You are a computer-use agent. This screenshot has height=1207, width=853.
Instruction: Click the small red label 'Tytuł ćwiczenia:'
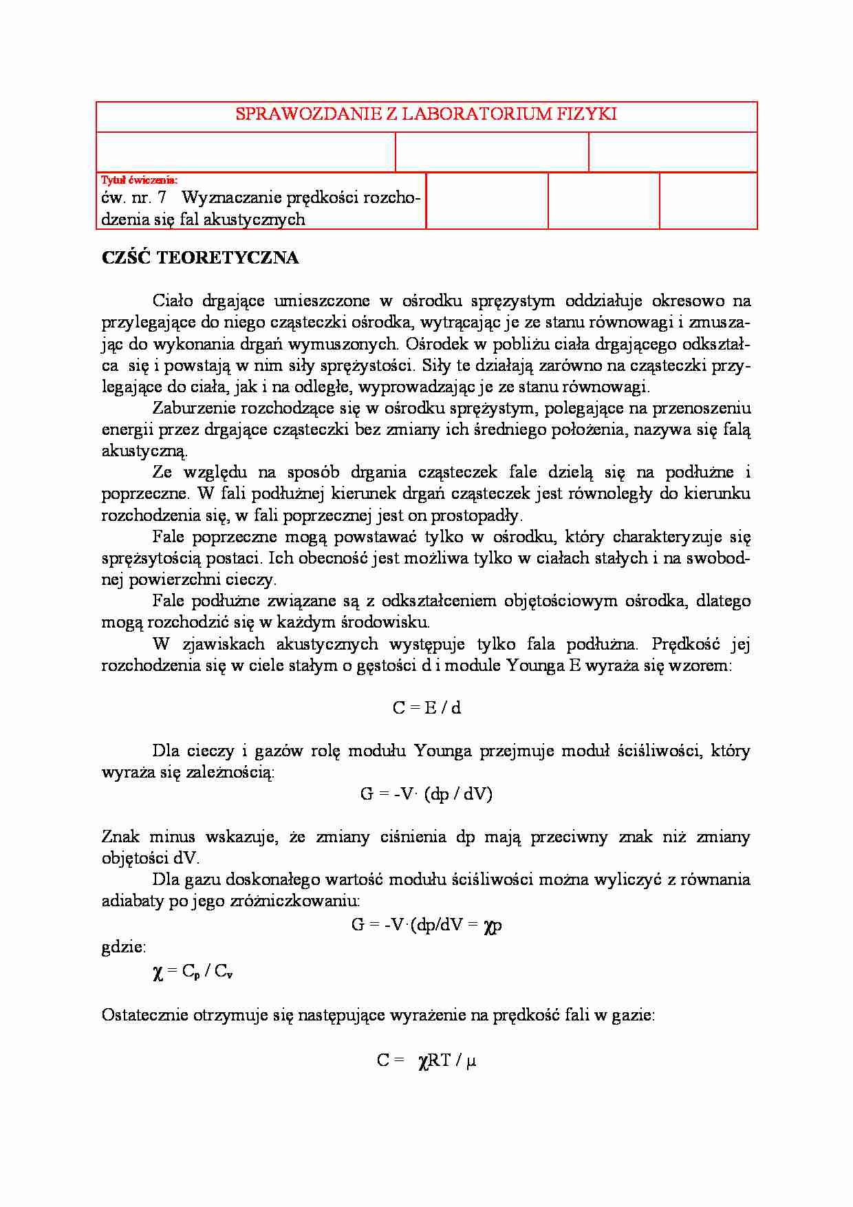(139, 180)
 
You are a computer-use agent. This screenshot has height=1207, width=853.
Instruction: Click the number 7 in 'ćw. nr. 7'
(162, 198)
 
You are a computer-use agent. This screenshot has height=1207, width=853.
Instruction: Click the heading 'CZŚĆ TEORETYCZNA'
(200, 258)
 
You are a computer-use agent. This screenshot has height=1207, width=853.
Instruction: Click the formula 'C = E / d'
(426, 708)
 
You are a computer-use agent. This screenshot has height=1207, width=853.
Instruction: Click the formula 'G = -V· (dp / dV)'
(426, 794)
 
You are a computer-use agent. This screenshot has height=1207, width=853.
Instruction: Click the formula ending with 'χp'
(426, 925)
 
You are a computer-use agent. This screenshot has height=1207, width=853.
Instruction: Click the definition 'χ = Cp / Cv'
(193, 972)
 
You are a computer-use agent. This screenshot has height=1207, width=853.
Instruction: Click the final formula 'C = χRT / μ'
(426, 1061)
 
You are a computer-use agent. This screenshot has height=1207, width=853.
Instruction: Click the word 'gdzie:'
(124, 947)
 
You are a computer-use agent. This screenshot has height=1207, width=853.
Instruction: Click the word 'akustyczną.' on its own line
(144, 451)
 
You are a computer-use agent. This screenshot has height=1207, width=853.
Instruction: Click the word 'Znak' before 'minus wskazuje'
(120, 837)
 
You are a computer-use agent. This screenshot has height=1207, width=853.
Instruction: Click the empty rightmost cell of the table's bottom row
(708, 200)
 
